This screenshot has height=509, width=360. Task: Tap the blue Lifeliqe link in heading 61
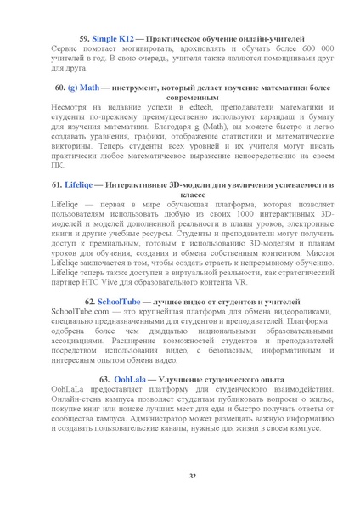(82, 184)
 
